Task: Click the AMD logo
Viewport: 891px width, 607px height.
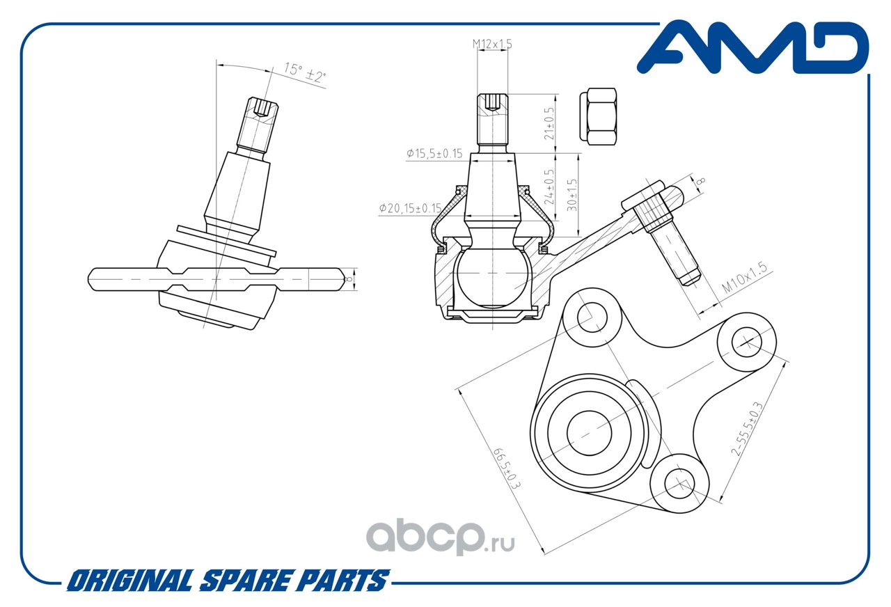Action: (x=752, y=48)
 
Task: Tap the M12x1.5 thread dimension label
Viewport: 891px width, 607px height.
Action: (x=492, y=44)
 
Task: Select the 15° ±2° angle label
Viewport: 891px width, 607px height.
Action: (x=305, y=72)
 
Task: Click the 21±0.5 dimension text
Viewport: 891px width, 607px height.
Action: (x=549, y=123)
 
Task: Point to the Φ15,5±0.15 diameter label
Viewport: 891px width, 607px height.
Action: (x=434, y=153)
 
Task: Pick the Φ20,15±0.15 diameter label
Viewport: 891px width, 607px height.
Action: (x=410, y=208)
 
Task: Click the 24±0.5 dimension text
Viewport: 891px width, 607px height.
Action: (x=549, y=187)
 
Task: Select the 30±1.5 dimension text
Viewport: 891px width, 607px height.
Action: (x=572, y=194)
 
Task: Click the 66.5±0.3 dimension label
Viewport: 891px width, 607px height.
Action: (x=507, y=469)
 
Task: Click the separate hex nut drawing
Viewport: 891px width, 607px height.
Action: (x=598, y=116)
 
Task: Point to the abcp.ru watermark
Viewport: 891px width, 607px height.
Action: (x=441, y=537)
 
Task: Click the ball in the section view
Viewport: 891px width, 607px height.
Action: (x=492, y=277)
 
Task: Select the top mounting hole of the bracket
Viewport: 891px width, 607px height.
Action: (x=592, y=317)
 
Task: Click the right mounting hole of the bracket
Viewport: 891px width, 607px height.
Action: (x=747, y=342)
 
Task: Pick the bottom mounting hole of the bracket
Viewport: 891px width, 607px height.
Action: (x=679, y=484)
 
